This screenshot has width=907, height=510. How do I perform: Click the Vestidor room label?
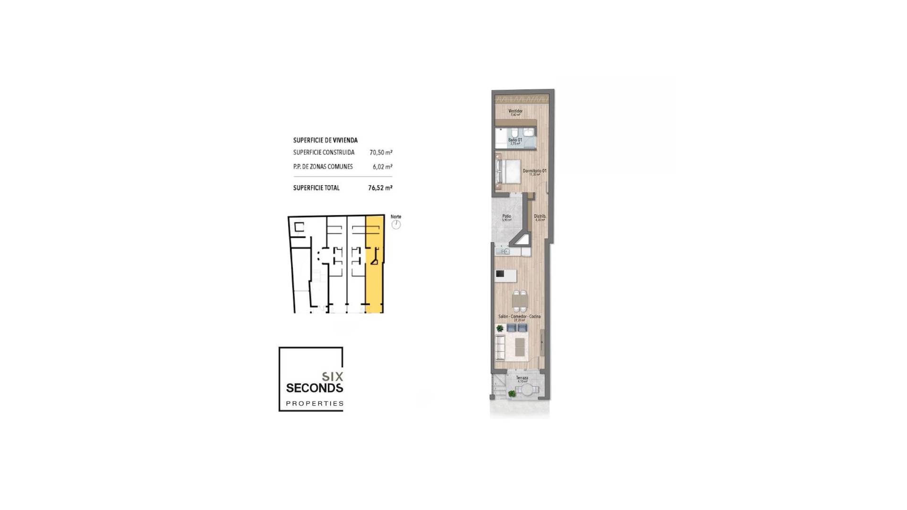coord(515,111)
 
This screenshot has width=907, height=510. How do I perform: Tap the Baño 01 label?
coord(515,140)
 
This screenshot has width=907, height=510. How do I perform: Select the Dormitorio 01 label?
coord(534,171)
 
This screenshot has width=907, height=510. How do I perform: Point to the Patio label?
coord(506,217)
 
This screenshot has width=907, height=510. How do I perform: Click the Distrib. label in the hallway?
coord(540,217)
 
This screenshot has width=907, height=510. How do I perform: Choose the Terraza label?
coord(522,378)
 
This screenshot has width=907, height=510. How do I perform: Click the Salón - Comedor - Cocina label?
coord(519,316)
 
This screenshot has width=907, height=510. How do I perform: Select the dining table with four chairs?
coord(520,300)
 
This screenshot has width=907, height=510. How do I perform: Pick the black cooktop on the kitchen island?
coord(500,274)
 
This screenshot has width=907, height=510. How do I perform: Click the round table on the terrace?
coord(526,391)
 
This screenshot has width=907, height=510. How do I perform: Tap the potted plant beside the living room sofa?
coord(500,328)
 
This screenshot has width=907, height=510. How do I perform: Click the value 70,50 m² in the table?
coord(381,153)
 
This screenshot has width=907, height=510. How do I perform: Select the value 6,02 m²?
coord(382,167)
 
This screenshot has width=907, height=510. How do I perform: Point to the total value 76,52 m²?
coord(380,188)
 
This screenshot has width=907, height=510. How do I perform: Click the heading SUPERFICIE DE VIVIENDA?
coord(325,140)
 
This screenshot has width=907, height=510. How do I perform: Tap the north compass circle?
coord(396,225)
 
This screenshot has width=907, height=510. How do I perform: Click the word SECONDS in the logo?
coord(314,388)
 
